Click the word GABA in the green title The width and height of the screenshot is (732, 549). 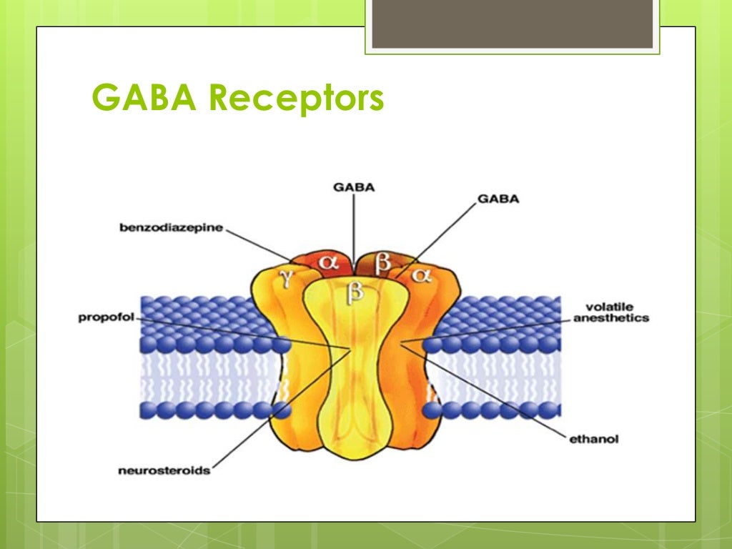point(146,99)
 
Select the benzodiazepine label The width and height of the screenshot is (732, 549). point(172,228)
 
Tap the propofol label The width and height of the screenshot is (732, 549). point(106,317)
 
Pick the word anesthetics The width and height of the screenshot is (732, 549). point(610,318)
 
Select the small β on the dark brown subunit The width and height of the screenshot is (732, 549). point(383,262)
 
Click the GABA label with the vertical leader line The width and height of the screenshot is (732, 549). point(354,188)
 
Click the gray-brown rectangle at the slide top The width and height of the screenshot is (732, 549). point(512,24)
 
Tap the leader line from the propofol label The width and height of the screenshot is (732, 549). point(236,332)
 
